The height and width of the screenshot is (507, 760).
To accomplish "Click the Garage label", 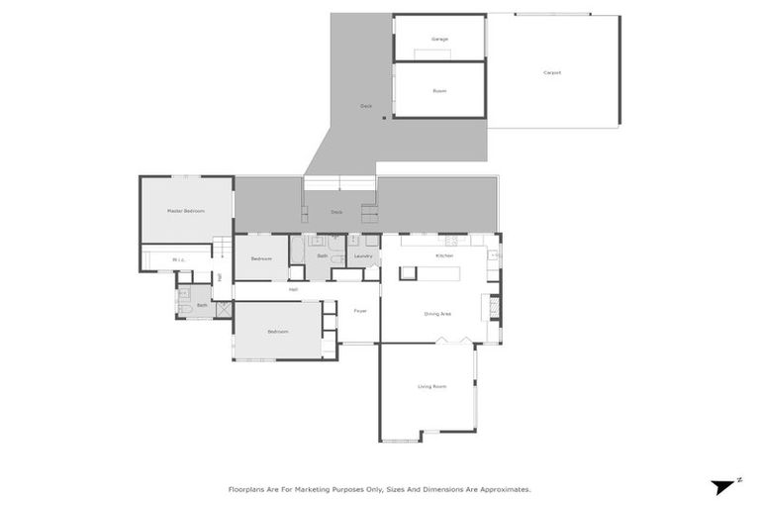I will tap(439, 40).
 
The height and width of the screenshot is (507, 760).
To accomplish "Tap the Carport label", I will tap(552, 73).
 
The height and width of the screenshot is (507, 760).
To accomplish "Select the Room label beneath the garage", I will tap(439, 91).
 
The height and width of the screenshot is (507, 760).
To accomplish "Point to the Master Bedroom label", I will tap(185, 211).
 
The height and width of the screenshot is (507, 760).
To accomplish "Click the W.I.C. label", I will tap(178, 260).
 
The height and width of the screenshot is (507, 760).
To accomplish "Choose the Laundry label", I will tap(362, 257).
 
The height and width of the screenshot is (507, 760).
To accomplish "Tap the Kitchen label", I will tap(444, 256).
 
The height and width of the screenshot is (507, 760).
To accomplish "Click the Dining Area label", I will tap(437, 314).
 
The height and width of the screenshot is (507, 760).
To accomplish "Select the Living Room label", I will tap(430, 386).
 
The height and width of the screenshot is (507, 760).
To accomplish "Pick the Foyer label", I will tap(360, 311).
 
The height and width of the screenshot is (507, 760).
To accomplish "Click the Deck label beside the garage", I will tap(365, 105).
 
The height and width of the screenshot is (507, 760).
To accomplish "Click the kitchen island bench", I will tap(427, 270).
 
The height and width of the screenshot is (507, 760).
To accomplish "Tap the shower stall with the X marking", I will tap(224, 308).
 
